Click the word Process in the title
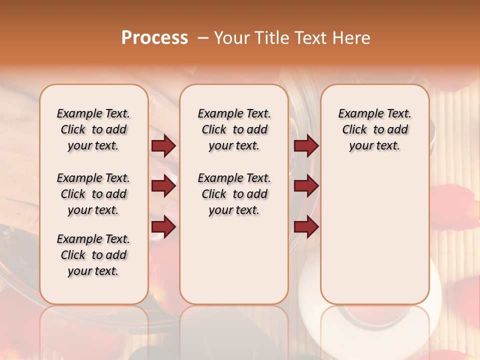click(x=154, y=38)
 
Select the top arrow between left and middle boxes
click(x=163, y=146)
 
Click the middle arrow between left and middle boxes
click(x=163, y=186)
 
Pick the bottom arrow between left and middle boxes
click(x=163, y=226)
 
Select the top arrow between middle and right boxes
click(x=306, y=146)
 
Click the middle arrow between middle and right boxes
click(x=306, y=186)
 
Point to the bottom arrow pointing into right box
click(x=306, y=226)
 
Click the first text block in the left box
click(x=93, y=129)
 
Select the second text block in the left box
click(x=93, y=194)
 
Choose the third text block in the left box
click(x=93, y=255)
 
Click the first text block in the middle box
click(x=234, y=129)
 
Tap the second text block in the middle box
click(x=234, y=194)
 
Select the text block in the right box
click(x=374, y=129)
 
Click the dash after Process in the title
click(x=203, y=38)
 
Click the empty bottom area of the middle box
click(x=234, y=265)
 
